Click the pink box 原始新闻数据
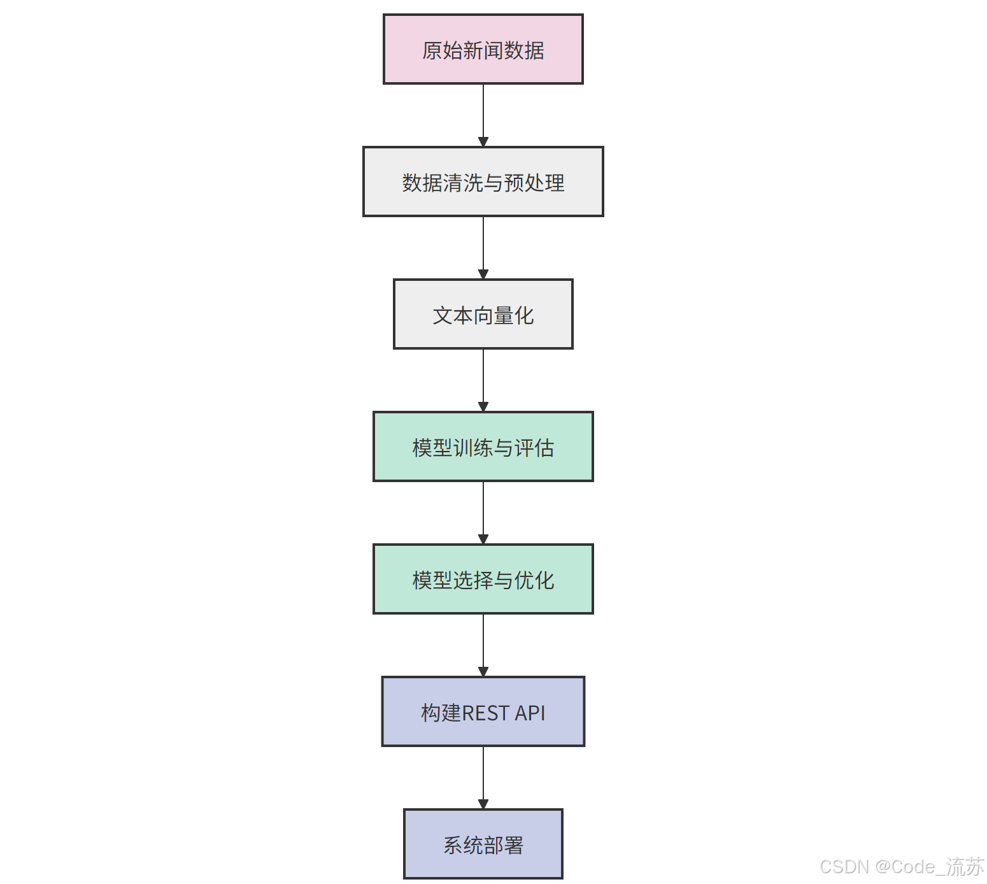click(x=483, y=50)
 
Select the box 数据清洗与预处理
click(x=483, y=182)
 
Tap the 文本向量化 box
click(x=483, y=315)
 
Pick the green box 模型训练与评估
click(x=483, y=447)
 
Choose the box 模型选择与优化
click(x=483, y=580)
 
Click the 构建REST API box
click(x=483, y=712)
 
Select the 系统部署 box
click(x=483, y=845)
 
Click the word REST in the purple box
click(x=485, y=713)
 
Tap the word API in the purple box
click(x=530, y=713)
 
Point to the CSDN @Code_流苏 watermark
click(x=902, y=867)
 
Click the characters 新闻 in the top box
click(x=483, y=50)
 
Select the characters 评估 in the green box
click(x=534, y=448)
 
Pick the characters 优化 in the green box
click(x=534, y=580)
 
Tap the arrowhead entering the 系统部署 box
click(x=483, y=804)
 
